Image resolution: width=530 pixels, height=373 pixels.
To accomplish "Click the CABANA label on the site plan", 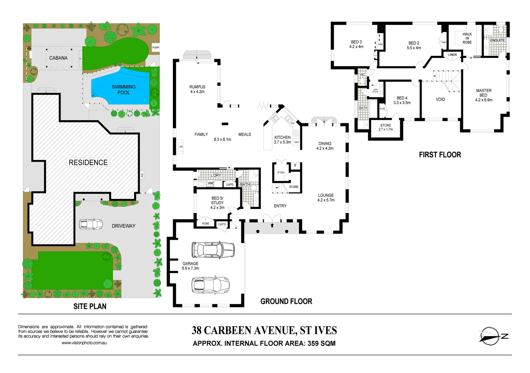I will point(58,58).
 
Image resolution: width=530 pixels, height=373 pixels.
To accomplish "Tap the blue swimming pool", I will point(121,90).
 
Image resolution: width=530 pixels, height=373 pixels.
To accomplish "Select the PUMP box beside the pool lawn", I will point(156,48).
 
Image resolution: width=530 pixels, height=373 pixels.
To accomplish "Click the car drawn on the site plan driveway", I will point(91,224).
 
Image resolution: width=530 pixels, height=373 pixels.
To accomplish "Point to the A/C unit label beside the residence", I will point(142,175).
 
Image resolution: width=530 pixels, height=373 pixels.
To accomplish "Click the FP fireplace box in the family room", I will point(181,147).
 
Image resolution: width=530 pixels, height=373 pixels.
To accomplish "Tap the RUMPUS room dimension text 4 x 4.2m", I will point(197,92).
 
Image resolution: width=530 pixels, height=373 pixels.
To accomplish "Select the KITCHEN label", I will point(282,137).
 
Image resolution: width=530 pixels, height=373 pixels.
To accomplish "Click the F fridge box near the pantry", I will point(295,166).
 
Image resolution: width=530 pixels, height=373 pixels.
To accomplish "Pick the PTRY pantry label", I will point(281,173).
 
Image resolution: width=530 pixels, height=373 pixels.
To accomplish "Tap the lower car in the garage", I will point(210,285).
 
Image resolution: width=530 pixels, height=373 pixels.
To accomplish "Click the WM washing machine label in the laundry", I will point(210,183).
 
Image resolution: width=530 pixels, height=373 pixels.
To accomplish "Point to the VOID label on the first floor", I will point(440,99).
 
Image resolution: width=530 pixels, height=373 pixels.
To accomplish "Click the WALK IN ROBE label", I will point(467,38).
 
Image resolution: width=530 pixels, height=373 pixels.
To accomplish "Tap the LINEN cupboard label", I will point(452,55).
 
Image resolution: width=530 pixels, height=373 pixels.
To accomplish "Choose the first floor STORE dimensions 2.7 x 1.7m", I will point(386,130).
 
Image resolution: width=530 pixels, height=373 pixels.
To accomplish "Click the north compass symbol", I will point(490,336).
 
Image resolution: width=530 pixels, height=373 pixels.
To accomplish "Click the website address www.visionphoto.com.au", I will point(84,343).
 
